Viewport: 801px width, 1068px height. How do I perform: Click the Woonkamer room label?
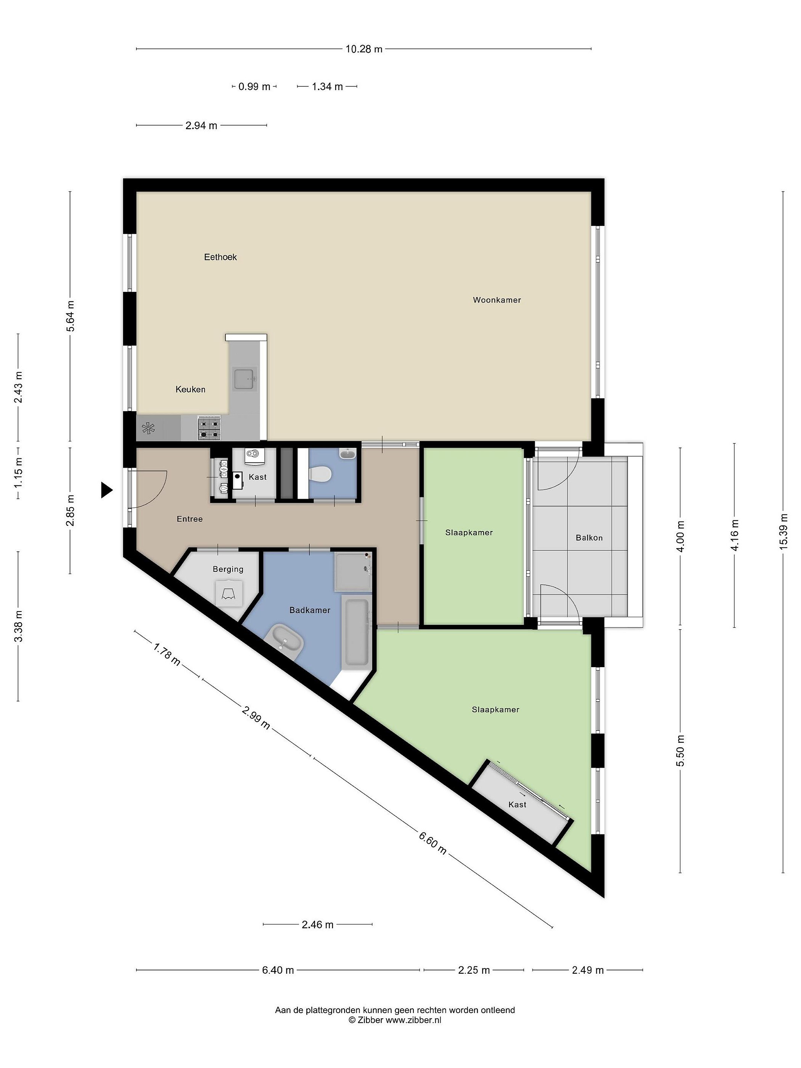(497, 300)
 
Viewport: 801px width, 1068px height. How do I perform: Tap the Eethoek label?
(220, 257)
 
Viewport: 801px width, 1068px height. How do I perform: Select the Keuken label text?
(190, 389)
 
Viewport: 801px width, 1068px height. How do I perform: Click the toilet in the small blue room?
(320, 474)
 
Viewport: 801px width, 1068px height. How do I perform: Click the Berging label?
(228, 569)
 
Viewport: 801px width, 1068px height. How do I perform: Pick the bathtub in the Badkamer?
(357, 632)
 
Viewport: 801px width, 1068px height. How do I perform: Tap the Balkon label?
(589, 538)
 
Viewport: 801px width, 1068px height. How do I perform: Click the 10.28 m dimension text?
(364, 49)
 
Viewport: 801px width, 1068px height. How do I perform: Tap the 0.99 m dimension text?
(254, 87)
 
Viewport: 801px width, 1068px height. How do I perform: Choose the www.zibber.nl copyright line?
(395, 1020)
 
